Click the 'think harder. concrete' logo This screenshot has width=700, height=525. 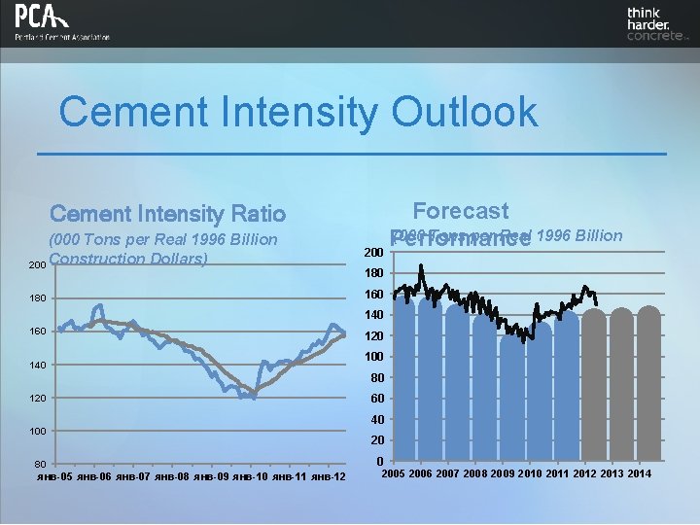click(655, 24)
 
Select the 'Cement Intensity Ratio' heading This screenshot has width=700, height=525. click(167, 214)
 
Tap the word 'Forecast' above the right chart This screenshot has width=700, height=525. click(460, 211)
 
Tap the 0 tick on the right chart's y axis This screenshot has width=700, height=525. click(378, 462)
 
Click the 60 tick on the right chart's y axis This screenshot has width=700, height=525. click(375, 399)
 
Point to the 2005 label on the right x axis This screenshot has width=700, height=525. click(394, 473)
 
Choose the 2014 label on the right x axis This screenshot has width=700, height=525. click(640, 473)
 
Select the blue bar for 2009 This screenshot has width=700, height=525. click(511, 399)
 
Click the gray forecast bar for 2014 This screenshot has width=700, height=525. click(648, 384)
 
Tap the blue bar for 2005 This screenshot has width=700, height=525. click(402, 379)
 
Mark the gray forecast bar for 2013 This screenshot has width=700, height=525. click(621, 384)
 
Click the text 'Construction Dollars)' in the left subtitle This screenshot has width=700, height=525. click(129, 260)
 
